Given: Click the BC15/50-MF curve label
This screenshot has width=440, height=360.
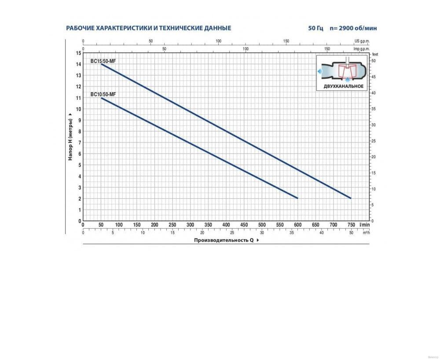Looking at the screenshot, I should click(103, 61).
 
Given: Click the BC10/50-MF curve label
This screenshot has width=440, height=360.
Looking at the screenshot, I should click(103, 94).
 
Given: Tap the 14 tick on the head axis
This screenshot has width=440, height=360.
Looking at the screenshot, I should click(78, 64).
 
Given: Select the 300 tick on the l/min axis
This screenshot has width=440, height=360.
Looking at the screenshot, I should click(190, 225).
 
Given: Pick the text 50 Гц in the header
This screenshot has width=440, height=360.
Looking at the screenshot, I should click(316, 28).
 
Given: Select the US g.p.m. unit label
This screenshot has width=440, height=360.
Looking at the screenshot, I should click(362, 41).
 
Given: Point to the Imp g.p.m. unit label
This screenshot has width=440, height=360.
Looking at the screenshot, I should click(361, 48).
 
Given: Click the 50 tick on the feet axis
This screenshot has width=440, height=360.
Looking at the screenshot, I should click(374, 61).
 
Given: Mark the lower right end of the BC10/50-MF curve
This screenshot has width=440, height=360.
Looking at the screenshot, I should click(297, 198).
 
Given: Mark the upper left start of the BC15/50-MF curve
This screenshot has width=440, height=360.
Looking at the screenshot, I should click(102, 65).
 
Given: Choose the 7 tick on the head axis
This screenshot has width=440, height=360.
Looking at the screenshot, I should click(79, 142).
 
